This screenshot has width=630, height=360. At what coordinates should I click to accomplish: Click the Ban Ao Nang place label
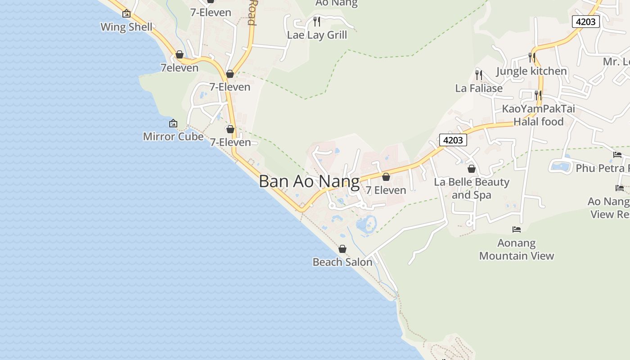309,181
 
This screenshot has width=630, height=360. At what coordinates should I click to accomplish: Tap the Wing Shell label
126,27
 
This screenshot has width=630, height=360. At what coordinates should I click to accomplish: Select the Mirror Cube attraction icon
173,123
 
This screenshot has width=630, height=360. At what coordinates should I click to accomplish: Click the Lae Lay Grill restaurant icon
317,21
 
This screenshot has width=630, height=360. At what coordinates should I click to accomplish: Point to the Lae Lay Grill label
317,35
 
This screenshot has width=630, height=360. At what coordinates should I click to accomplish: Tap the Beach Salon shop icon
342,249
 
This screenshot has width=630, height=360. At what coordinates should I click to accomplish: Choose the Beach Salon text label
342,262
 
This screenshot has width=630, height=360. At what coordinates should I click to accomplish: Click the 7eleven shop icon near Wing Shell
180,54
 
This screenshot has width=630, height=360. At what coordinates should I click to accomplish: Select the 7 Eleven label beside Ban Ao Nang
386,190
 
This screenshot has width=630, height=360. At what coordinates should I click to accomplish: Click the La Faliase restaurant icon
479,75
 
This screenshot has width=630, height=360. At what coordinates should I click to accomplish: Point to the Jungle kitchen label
531,71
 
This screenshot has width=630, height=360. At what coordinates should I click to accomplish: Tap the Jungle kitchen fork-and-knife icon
531,58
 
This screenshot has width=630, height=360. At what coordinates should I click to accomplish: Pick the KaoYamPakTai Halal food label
538,115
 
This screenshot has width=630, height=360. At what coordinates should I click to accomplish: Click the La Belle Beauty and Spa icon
472,169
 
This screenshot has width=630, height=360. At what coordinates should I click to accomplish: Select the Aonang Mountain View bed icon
517,229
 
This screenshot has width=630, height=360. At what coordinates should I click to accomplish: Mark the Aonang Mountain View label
517,249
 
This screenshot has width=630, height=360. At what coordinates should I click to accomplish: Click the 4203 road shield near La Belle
453,140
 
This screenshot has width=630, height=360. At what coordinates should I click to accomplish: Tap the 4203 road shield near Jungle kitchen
586,21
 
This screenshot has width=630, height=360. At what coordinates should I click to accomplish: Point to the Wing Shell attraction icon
126,13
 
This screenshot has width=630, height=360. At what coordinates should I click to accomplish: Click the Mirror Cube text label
173,136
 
